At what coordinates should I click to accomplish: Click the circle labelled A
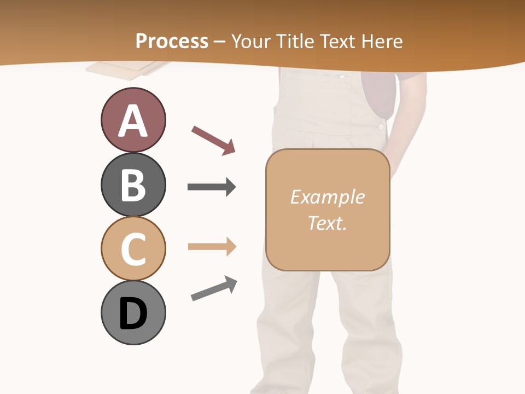tap(133, 120)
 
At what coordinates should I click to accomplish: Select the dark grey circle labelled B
tap(133, 184)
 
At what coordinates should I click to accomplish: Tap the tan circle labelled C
tap(133, 248)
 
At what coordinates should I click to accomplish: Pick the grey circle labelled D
tap(133, 313)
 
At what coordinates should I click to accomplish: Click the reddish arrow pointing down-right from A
tap(213, 140)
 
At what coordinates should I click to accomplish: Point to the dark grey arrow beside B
tap(212, 187)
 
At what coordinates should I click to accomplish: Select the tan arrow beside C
tap(212, 247)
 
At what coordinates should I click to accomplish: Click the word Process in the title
tap(172, 41)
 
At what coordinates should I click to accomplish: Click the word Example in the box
tap(327, 197)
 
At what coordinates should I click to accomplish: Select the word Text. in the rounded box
tap(327, 223)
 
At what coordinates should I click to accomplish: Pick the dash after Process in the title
tap(220, 42)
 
